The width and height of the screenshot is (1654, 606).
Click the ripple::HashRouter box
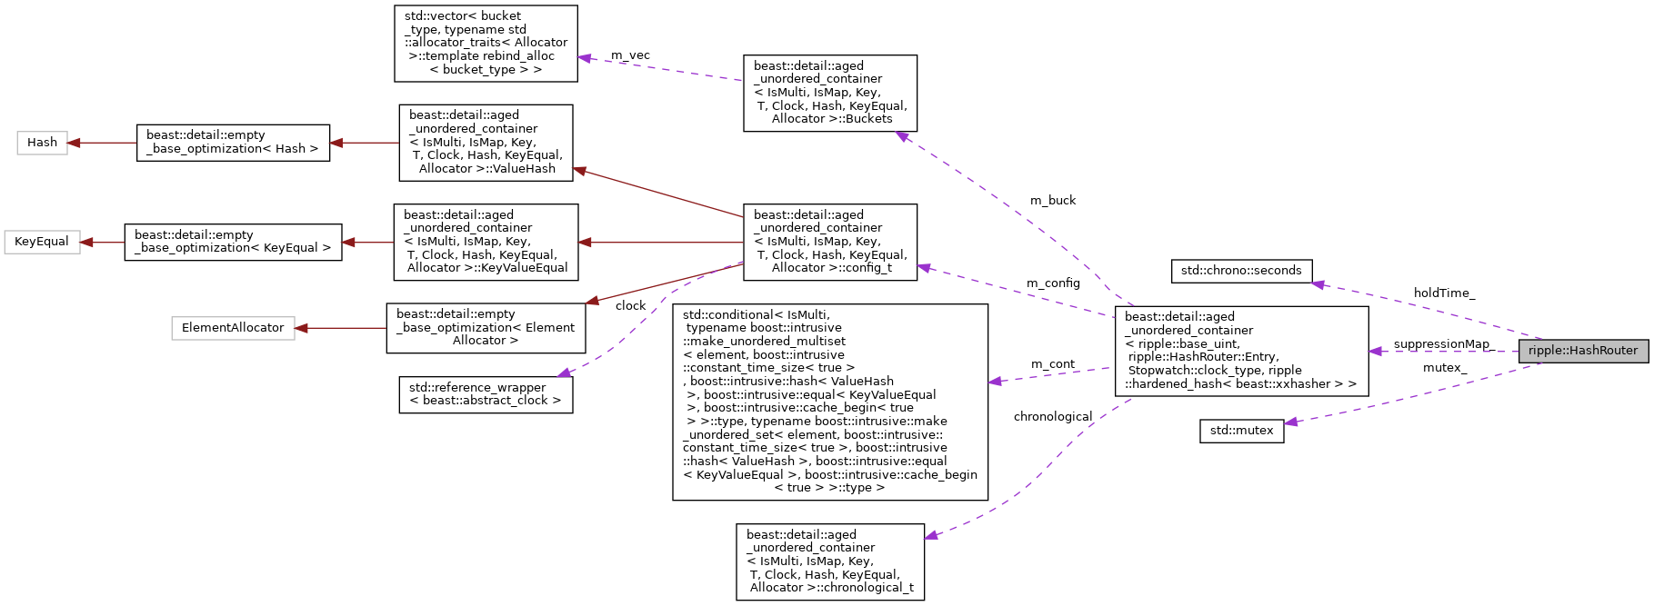coord(1582,351)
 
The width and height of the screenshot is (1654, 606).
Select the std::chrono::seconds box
coord(1240,271)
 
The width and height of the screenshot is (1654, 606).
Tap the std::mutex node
coord(1241,431)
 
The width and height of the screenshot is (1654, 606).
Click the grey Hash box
coord(42,143)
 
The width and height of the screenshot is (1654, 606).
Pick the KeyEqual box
coord(42,242)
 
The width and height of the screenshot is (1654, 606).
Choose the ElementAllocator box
coord(233,328)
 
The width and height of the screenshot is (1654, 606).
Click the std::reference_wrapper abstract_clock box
coord(485,394)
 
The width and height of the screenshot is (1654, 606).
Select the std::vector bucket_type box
coord(486,43)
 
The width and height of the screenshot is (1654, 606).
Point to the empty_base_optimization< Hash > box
coord(233,143)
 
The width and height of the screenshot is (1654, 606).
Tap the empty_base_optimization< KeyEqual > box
coord(233,242)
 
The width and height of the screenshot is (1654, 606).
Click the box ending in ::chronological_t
coord(829,561)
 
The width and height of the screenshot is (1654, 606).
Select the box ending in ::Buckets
coord(829,93)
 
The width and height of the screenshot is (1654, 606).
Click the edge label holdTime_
coord(1444,293)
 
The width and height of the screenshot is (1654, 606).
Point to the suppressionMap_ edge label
coord(1442,344)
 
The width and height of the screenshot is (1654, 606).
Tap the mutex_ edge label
coord(1444,368)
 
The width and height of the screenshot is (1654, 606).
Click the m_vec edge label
coord(630,55)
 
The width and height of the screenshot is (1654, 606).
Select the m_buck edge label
coord(1052,201)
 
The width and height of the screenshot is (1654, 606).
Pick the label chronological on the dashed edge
coord(1052,417)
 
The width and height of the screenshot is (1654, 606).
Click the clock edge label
coord(630,306)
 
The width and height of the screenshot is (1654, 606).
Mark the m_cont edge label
coord(1052,364)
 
